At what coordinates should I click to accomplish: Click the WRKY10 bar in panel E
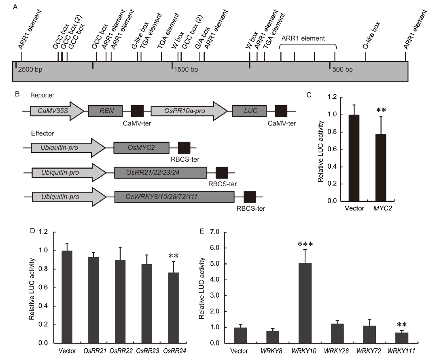coord(305,303)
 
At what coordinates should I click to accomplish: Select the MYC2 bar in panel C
coord(381,168)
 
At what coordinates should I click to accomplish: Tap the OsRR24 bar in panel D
coord(173,308)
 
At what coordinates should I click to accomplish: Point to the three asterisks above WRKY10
coord(305,244)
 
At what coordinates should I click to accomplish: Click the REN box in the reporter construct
coord(105,111)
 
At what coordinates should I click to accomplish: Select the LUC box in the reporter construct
coord(249,111)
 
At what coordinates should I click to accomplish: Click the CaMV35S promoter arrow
coord(57,111)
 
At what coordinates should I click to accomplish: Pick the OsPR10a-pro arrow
coord(189,111)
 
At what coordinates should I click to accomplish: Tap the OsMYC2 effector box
coord(141,148)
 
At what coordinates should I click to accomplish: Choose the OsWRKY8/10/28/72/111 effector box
coord(174,197)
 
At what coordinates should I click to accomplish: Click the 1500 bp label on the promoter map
coord(186,70)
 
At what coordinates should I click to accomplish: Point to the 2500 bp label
coord(30,70)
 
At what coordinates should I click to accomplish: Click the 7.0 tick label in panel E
coord(214,232)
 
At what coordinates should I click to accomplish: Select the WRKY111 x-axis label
coord(401,351)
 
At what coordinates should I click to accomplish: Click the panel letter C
coord(309,95)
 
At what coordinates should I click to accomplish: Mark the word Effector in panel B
coord(42,133)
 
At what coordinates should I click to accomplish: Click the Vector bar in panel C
coord(354,158)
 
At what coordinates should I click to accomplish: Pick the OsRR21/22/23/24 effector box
coord(161,172)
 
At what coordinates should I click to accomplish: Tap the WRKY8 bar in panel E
coord(273,337)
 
